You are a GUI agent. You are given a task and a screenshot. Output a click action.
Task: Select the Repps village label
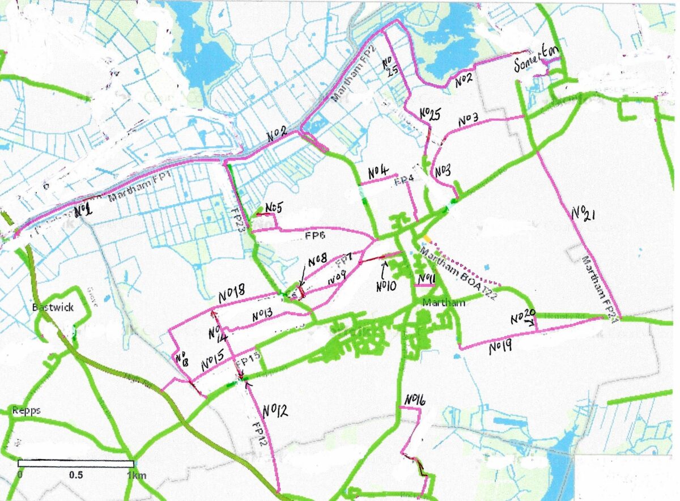click(x=25, y=410)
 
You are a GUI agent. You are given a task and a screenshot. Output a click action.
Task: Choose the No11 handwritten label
click(x=426, y=278)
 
